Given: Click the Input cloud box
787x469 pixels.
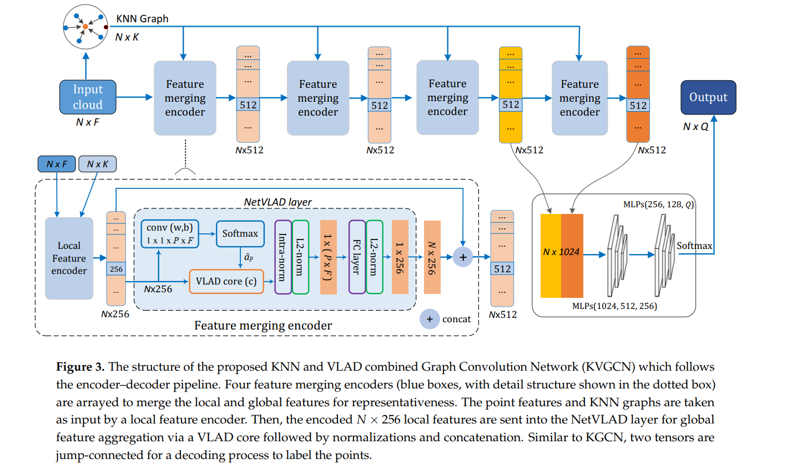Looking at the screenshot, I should pos(88,97).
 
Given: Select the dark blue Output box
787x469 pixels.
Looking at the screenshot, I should pos(708,97).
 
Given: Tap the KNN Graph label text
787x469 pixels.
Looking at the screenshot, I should pos(142,18).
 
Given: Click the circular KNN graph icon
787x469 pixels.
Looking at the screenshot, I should pos(85,27).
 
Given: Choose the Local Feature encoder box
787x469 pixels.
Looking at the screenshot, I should pos(69,258).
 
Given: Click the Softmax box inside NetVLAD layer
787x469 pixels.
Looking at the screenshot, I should pos(240,233).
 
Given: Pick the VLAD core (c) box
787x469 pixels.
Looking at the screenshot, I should pos(226,281).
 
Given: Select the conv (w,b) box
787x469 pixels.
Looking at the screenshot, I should pos(170,233).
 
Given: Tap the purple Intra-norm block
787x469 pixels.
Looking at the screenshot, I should pos(283,257).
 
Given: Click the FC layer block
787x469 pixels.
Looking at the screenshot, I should pos(357,257).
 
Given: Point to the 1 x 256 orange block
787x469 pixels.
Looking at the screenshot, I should pos(400,257).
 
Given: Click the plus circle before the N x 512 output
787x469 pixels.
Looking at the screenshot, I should pos(462,257).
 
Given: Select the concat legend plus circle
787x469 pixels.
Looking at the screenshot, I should pos(429,319).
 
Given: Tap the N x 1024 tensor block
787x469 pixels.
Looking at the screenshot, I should pos(561,256).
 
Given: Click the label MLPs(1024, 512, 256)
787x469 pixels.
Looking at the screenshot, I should pos(614,306).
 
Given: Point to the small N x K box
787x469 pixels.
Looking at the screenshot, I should pos(97,164).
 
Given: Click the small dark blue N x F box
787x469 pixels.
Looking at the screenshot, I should pos(57,164).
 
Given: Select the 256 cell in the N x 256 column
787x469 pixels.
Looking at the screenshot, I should pos(116,269).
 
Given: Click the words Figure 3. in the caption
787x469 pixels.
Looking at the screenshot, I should pos(80,367).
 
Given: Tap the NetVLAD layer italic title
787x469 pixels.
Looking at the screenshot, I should pos(278,202).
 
